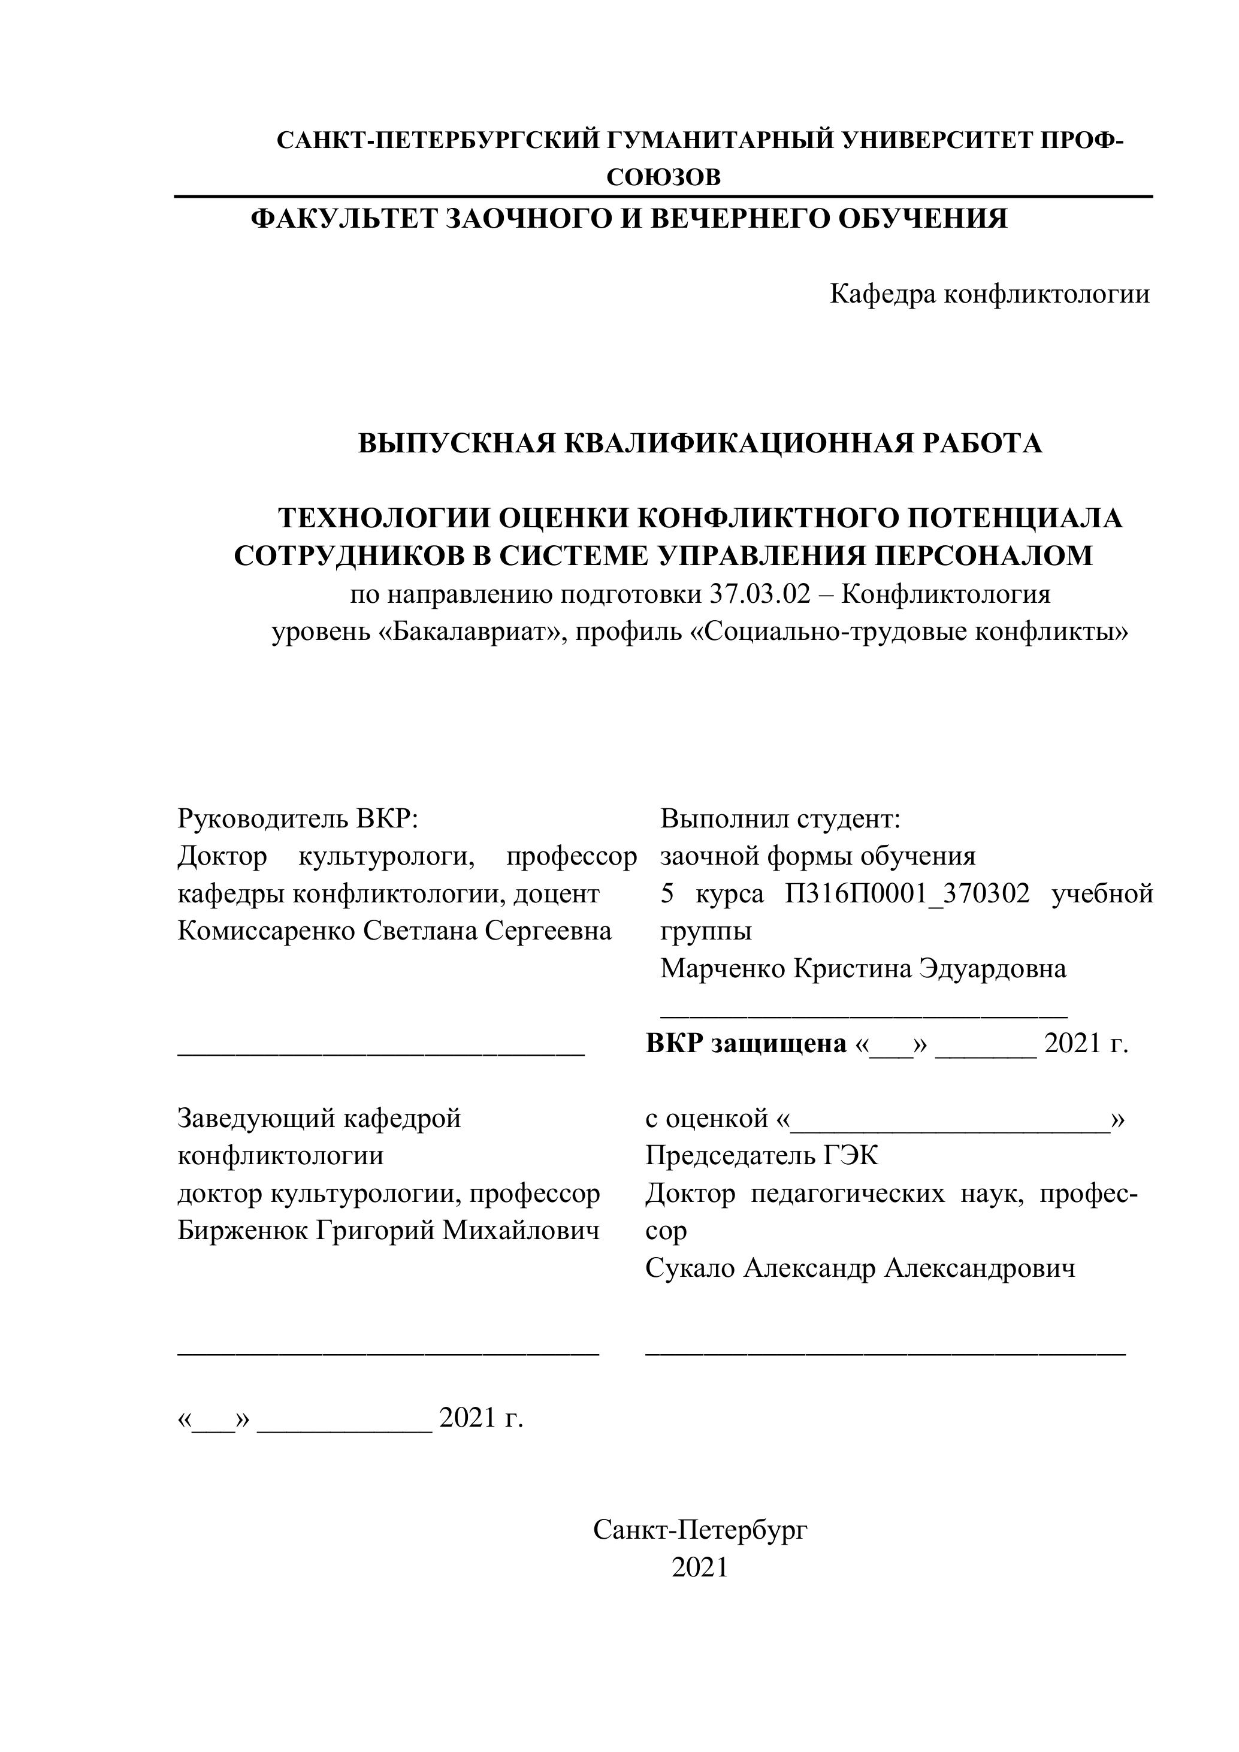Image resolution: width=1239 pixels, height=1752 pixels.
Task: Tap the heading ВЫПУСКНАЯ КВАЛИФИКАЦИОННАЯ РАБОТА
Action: coord(700,443)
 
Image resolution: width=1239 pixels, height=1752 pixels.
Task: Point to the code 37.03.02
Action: coord(759,594)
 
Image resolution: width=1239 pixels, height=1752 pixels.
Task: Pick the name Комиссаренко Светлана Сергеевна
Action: coord(394,931)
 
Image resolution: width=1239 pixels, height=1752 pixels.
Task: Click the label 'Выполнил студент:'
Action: coord(781,818)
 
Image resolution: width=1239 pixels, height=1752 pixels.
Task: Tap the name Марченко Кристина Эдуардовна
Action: coord(863,968)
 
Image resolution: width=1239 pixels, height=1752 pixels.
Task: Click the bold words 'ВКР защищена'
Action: coord(745,1043)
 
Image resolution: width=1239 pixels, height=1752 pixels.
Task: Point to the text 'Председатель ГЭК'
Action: coord(761,1155)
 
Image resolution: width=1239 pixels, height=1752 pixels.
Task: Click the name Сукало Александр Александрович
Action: coord(860,1267)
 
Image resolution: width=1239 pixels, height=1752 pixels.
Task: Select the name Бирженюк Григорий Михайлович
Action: coord(388,1230)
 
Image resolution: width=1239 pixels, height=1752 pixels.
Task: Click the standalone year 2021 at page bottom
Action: coord(700,1567)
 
